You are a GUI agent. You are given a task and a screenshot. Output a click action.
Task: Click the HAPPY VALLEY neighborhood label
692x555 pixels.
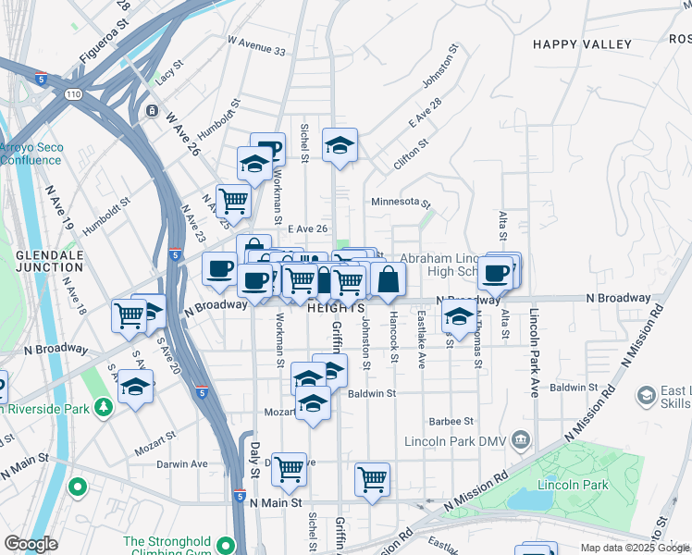coord(582,44)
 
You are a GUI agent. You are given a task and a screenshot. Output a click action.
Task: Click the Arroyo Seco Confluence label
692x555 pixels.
coord(30,153)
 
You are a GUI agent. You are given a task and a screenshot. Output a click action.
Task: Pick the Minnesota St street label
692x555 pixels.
coord(401,202)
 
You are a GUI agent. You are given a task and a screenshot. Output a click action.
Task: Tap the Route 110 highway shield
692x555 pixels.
coord(71,94)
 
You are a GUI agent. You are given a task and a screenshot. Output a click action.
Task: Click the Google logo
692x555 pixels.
coord(31,544)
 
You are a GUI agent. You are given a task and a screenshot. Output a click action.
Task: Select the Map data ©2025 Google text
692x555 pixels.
coord(635,548)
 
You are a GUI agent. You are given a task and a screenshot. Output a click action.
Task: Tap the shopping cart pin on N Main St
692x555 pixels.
coord(372,479)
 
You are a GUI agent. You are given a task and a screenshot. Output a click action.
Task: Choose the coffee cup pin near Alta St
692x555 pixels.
coord(496,273)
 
